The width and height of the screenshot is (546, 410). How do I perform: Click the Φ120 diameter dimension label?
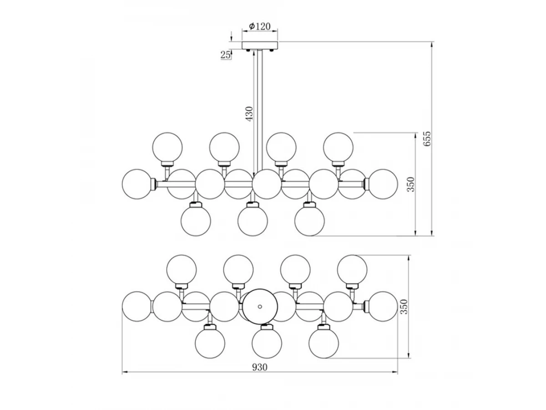point(259,26)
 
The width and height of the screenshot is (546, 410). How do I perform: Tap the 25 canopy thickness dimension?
point(225,55)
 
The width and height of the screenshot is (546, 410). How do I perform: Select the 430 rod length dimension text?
point(249,114)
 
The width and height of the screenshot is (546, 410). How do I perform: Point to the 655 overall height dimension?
point(427,139)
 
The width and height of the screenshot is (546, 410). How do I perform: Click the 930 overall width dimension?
point(260,368)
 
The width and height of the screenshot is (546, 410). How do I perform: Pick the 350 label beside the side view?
point(411,184)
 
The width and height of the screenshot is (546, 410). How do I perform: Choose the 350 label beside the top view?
point(404,307)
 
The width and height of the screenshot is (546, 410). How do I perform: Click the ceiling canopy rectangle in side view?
point(260,45)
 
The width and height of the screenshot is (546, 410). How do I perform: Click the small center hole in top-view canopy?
point(260,307)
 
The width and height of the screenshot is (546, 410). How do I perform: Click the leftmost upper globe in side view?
point(167,147)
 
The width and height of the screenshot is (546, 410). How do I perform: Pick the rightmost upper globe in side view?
point(339,147)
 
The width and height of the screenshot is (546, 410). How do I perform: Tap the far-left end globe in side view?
point(137,184)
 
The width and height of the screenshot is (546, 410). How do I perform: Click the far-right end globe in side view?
point(383,184)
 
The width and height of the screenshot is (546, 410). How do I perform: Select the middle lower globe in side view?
point(253,221)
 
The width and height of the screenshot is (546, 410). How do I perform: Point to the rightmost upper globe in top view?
point(352,270)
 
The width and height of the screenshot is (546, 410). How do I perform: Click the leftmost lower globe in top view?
point(210,343)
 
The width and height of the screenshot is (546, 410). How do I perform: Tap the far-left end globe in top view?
point(137,307)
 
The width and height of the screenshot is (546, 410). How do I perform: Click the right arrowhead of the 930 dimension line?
point(395,372)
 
